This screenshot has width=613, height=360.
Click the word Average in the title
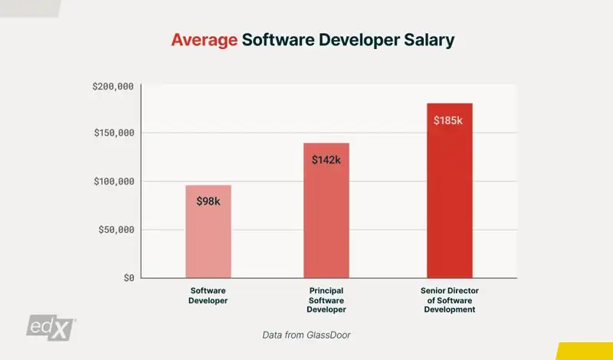(203, 41)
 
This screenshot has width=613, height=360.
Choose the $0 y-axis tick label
(129, 277)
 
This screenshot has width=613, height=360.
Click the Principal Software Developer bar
(326, 222)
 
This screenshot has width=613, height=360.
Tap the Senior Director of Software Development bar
(449, 207)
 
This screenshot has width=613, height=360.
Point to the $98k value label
(208, 200)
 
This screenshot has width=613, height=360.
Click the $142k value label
(326, 159)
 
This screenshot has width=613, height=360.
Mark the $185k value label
(448, 120)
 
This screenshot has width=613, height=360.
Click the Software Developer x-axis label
(208, 296)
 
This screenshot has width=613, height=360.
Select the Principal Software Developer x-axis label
(326, 300)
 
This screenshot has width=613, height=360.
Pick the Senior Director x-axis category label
(449, 300)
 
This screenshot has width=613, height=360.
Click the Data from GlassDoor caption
(306, 335)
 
